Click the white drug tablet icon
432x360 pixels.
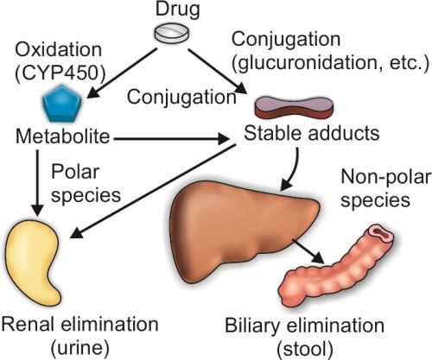[x=172, y=33]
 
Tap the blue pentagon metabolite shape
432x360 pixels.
[x=62, y=103]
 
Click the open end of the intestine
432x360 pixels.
[x=381, y=232]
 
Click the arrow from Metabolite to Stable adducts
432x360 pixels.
[x=171, y=139]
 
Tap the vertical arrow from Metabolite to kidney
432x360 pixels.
[x=38, y=183]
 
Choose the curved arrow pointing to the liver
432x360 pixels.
[x=293, y=169]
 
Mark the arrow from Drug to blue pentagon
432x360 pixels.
[x=122, y=73]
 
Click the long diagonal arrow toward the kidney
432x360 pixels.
[x=153, y=191]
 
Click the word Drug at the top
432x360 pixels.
[x=177, y=9]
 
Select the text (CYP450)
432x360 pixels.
[x=60, y=74]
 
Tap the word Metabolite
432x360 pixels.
[x=63, y=136]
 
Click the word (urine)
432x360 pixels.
[x=80, y=348]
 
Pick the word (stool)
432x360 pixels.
[x=305, y=349]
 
